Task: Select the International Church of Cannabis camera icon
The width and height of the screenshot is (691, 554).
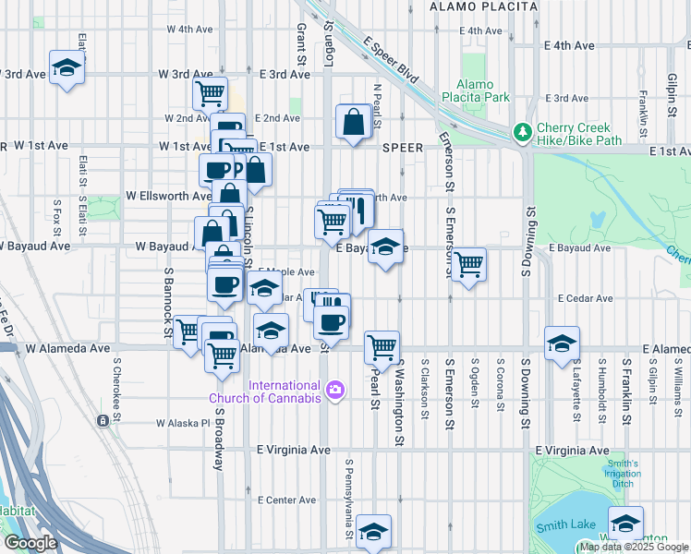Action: (x=333, y=391)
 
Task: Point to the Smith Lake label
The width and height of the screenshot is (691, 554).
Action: (x=565, y=527)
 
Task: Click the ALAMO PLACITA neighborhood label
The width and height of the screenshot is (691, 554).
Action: (x=483, y=6)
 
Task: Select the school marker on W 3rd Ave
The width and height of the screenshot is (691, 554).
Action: (x=67, y=68)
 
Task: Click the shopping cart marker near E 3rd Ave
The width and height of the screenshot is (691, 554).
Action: (x=211, y=92)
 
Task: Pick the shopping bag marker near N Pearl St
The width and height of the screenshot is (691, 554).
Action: (x=354, y=122)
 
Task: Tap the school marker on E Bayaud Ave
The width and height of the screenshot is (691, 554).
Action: (x=386, y=247)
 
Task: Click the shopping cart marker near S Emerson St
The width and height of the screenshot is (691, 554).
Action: (x=469, y=264)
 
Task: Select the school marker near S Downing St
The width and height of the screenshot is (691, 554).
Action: (x=562, y=343)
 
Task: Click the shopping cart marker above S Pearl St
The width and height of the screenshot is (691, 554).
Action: (x=381, y=347)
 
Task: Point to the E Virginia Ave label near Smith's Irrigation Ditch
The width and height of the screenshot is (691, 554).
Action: (x=578, y=451)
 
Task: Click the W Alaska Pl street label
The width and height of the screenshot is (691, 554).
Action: (x=183, y=424)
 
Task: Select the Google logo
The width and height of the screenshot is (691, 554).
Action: (x=30, y=543)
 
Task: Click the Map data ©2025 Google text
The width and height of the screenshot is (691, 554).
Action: (x=634, y=547)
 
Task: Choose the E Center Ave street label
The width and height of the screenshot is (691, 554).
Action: (x=287, y=500)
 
